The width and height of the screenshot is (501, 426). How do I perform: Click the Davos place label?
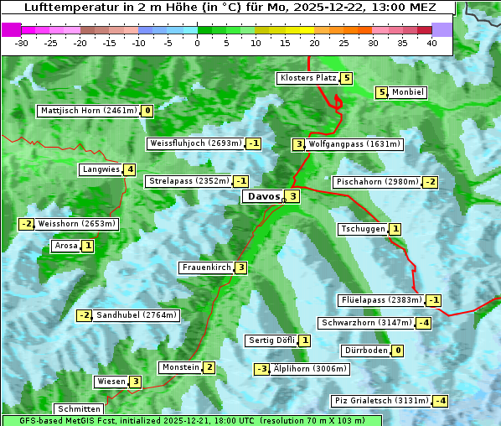(x=261, y=197)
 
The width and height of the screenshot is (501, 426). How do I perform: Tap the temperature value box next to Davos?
(x=292, y=197)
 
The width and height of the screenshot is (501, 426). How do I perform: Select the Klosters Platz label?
(x=308, y=79)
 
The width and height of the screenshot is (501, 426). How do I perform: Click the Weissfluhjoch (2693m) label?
(x=195, y=143)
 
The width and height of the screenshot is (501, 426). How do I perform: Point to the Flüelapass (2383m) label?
(x=380, y=300)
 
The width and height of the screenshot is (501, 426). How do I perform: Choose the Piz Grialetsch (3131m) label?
(x=381, y=401)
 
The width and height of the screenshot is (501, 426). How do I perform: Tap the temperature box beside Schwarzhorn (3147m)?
(x=426, y=323)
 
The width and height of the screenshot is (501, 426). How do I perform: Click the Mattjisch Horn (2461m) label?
(x=88, y=111)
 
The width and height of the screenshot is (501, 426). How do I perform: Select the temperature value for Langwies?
(x=130, y=169)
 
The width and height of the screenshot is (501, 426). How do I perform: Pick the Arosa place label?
(x=65, y=247)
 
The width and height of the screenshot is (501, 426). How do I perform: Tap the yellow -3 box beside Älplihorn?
(x=262, y=369)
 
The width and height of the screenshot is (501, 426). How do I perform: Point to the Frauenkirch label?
(x=206, y=268)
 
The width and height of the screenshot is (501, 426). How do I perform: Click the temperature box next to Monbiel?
(x=382, y=92)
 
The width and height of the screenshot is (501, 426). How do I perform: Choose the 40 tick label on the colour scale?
(x=431, y=43)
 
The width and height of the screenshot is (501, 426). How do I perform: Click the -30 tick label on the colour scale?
(x=22, y=43)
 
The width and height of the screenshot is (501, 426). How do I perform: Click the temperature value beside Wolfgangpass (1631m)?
(x=298, y=144)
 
